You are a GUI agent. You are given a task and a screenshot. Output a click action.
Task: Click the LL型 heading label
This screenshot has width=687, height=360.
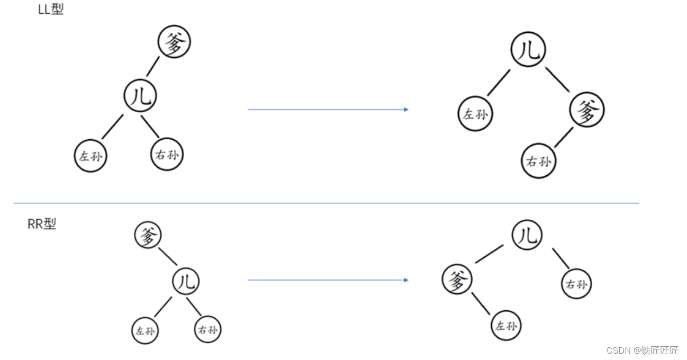[51, 10]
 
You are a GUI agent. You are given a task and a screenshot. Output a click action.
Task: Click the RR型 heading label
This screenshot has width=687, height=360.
[42, 224]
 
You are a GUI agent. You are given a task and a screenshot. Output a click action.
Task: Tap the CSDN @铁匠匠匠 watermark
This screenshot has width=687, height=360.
[642, 350]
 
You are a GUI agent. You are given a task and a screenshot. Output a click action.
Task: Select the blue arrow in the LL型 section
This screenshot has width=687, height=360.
[328, 110]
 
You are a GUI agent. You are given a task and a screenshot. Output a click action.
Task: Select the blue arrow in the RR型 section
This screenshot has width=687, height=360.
[328, 280]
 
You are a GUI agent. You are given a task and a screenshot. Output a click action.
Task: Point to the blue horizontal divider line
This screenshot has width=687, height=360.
[327, 203]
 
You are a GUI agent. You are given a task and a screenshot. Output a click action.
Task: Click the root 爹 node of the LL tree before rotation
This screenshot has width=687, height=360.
[174, 42]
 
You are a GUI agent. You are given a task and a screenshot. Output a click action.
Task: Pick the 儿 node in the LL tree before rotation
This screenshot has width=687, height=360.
[140, 96]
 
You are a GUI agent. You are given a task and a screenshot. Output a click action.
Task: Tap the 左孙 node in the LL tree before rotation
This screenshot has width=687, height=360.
[91, 156]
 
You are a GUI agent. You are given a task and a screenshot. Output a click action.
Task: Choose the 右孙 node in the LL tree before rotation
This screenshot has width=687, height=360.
[167, 155]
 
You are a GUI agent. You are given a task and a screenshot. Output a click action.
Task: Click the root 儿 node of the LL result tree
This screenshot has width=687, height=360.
[528, 49]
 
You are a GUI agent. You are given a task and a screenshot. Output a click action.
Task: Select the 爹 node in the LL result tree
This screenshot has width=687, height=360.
[587, 110]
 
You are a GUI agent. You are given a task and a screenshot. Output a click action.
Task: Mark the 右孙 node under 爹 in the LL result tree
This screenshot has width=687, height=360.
[539, 161]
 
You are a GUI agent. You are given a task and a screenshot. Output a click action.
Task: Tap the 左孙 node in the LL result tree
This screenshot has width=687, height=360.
[475, 114]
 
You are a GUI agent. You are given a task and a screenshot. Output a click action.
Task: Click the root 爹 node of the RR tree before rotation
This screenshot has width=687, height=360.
[148, 235]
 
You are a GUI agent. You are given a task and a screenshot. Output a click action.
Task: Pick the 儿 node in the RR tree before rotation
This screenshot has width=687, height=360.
[186, 281]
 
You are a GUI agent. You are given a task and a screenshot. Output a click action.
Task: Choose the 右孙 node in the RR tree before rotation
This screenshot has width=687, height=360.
[207, 330]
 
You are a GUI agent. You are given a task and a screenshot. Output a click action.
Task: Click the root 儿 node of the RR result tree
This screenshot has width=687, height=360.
[527, 235]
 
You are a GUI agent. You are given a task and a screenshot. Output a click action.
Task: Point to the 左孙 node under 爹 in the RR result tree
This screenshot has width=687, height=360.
[506, 325]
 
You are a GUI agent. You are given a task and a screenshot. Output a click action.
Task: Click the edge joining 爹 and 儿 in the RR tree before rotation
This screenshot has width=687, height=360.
[168, 257]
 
